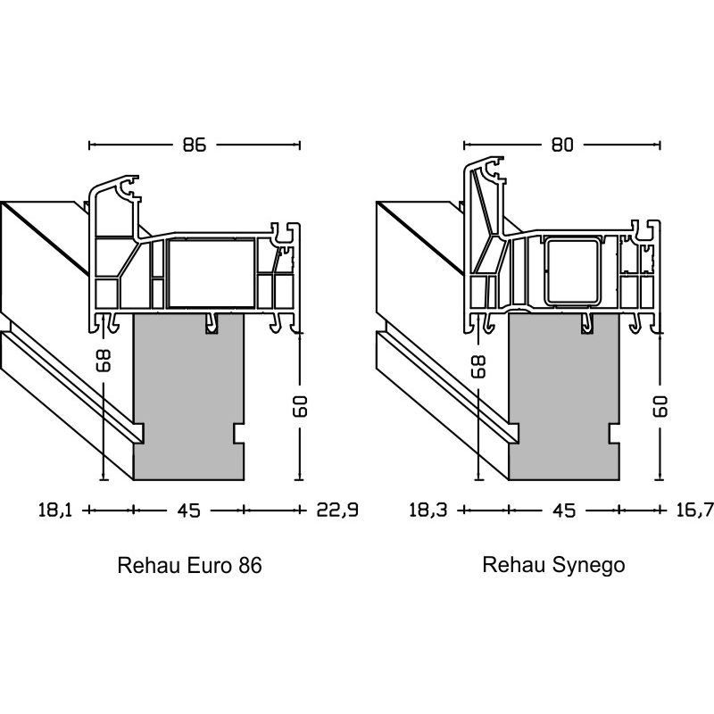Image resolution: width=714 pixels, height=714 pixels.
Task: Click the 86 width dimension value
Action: pos(195,145)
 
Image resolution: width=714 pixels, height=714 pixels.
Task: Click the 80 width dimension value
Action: pos(561,145)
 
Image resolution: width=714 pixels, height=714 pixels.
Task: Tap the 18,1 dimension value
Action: pos(54,511)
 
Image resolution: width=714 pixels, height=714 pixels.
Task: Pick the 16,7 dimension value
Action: pos(696,511)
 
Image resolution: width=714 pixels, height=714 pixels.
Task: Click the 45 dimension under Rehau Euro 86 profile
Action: pos(188,511)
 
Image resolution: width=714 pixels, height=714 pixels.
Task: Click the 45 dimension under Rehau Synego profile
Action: pos(564,511)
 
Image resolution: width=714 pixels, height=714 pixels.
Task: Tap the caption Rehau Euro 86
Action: pos(189,566)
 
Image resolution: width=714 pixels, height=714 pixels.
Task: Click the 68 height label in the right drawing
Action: pos(478,364)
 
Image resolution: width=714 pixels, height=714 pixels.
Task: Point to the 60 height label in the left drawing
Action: pos(299,406)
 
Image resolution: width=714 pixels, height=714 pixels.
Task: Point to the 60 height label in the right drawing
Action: pos(660,406)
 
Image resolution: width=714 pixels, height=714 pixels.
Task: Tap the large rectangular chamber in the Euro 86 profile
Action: pos(212,272)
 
